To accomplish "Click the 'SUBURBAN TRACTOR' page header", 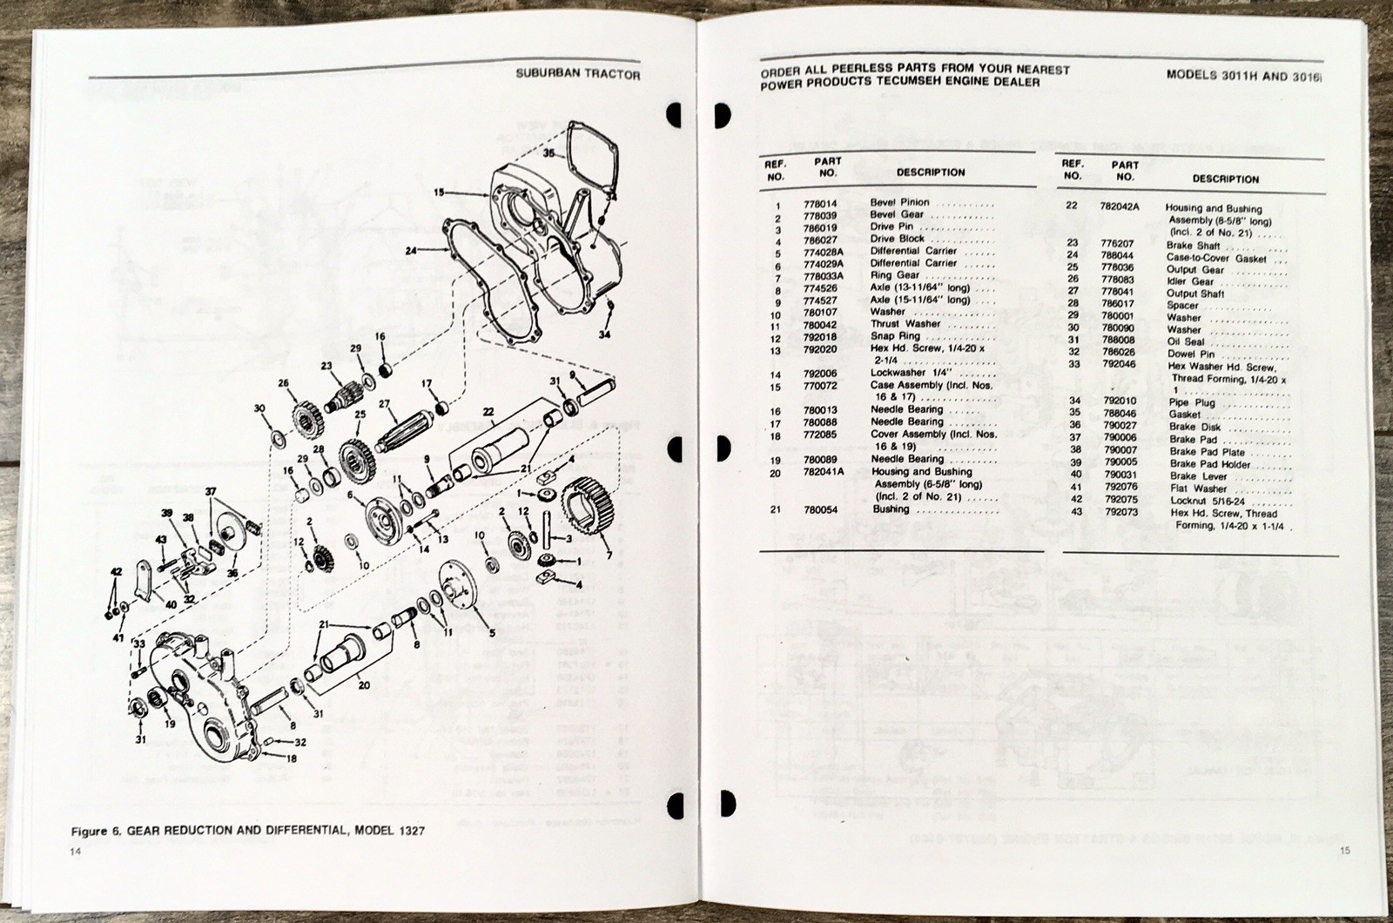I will [x=577, y=75].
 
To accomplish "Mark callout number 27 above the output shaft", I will [x=383, y=402].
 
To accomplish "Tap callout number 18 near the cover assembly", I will [x=290, y=758].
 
